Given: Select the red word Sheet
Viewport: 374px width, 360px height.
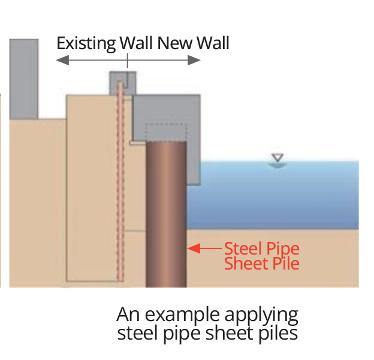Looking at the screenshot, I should tap(243, 263).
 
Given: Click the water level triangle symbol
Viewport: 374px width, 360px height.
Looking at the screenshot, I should tap(276, 159).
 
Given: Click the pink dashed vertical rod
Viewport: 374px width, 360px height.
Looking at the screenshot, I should tap(119, 180).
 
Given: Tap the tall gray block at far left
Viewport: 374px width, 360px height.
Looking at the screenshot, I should tap(23, 78).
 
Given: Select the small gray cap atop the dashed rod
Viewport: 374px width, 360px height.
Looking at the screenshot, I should tap(123, 81).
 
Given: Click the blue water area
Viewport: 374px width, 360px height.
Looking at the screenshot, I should tap(282, 198).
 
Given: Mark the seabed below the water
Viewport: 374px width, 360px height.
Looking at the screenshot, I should tap(282, 258).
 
